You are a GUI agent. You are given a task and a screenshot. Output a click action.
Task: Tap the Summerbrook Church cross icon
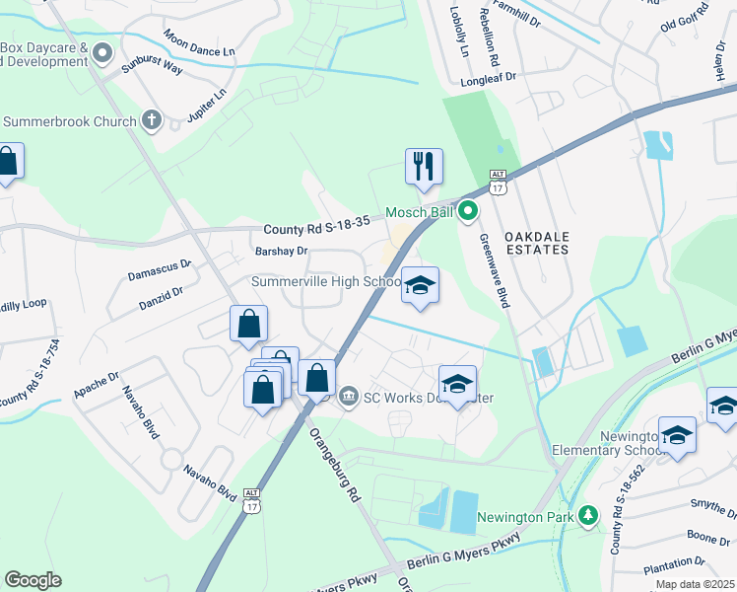pos(151,121)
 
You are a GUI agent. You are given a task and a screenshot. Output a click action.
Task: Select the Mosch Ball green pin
pos(468,211)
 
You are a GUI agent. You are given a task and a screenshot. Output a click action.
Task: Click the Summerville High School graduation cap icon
pos(420,285)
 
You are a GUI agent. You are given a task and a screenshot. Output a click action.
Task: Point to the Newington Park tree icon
pos(588,515)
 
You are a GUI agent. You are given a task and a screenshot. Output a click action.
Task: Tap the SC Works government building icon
pos(348,398)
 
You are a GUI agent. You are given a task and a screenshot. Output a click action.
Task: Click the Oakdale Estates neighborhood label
pos(536,243)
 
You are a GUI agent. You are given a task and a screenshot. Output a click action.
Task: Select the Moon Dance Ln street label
pos(199,44)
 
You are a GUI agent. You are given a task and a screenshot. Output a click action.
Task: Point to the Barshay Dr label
pos(281,252)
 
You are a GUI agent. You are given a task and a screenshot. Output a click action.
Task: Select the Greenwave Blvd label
pos(493,270)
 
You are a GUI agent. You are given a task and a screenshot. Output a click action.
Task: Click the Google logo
pos(33,579)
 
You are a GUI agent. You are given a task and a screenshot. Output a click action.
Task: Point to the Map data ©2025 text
pos(694,584)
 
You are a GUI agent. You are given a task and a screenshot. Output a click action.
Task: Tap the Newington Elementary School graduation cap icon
pos(677,435)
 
